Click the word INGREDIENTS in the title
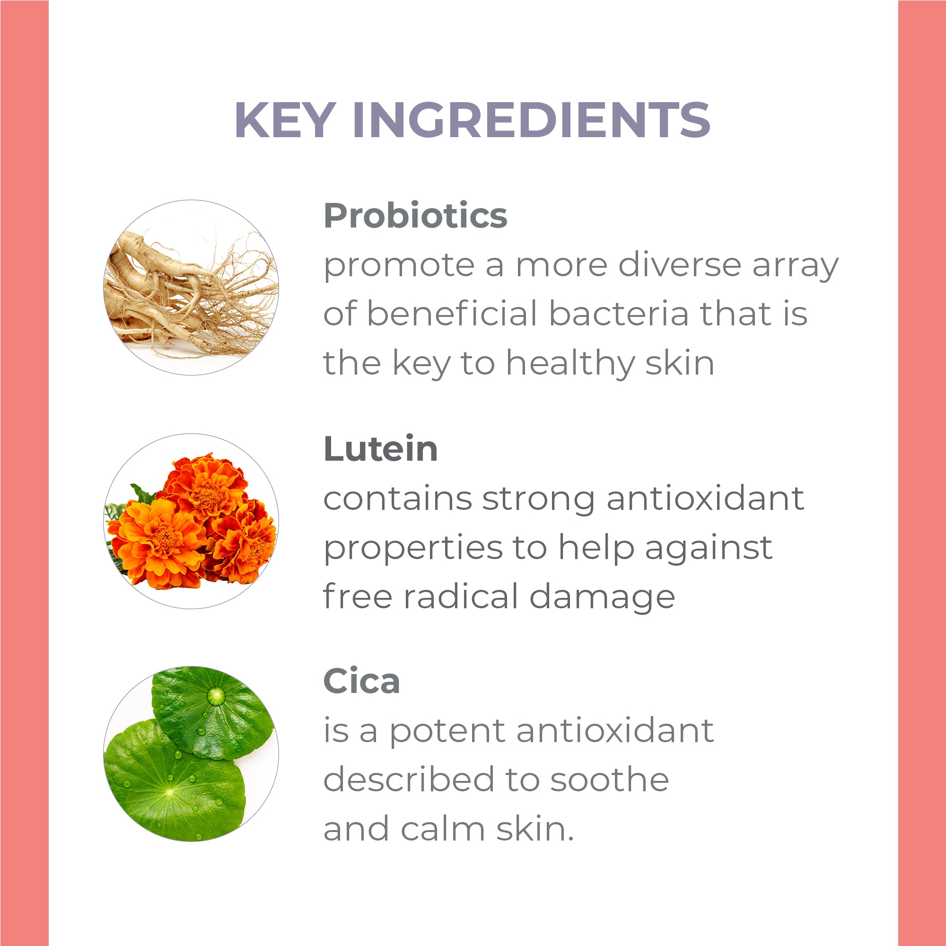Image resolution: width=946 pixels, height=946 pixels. [531, 120]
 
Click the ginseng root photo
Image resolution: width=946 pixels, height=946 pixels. [191, 288]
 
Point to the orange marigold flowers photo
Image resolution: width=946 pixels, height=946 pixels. [191, 521]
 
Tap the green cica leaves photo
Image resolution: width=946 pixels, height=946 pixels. [191, 754]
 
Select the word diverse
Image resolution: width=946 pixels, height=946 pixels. [680, 265]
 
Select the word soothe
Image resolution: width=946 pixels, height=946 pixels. [610, 780]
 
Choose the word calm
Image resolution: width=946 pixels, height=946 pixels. [443, 829]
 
